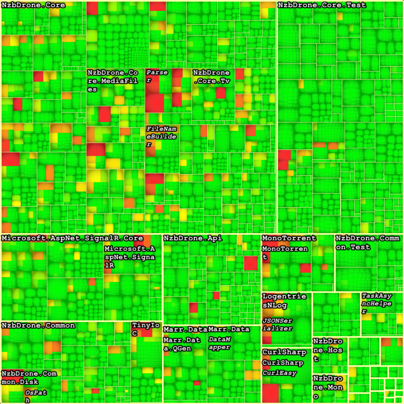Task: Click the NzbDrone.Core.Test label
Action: [x=321, y=5]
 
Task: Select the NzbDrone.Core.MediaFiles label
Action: [x=112, y=80]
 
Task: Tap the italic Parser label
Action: [x=156, y=76]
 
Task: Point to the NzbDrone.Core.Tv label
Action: [x=211, y=76]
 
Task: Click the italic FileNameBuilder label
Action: [x=160, y=136]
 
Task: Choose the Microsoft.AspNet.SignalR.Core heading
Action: [x=72, y=238]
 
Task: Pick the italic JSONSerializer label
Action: [x=284, y=325]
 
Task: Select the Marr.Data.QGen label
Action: [x=185, y=344]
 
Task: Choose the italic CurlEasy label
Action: [x=279, y=373]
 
